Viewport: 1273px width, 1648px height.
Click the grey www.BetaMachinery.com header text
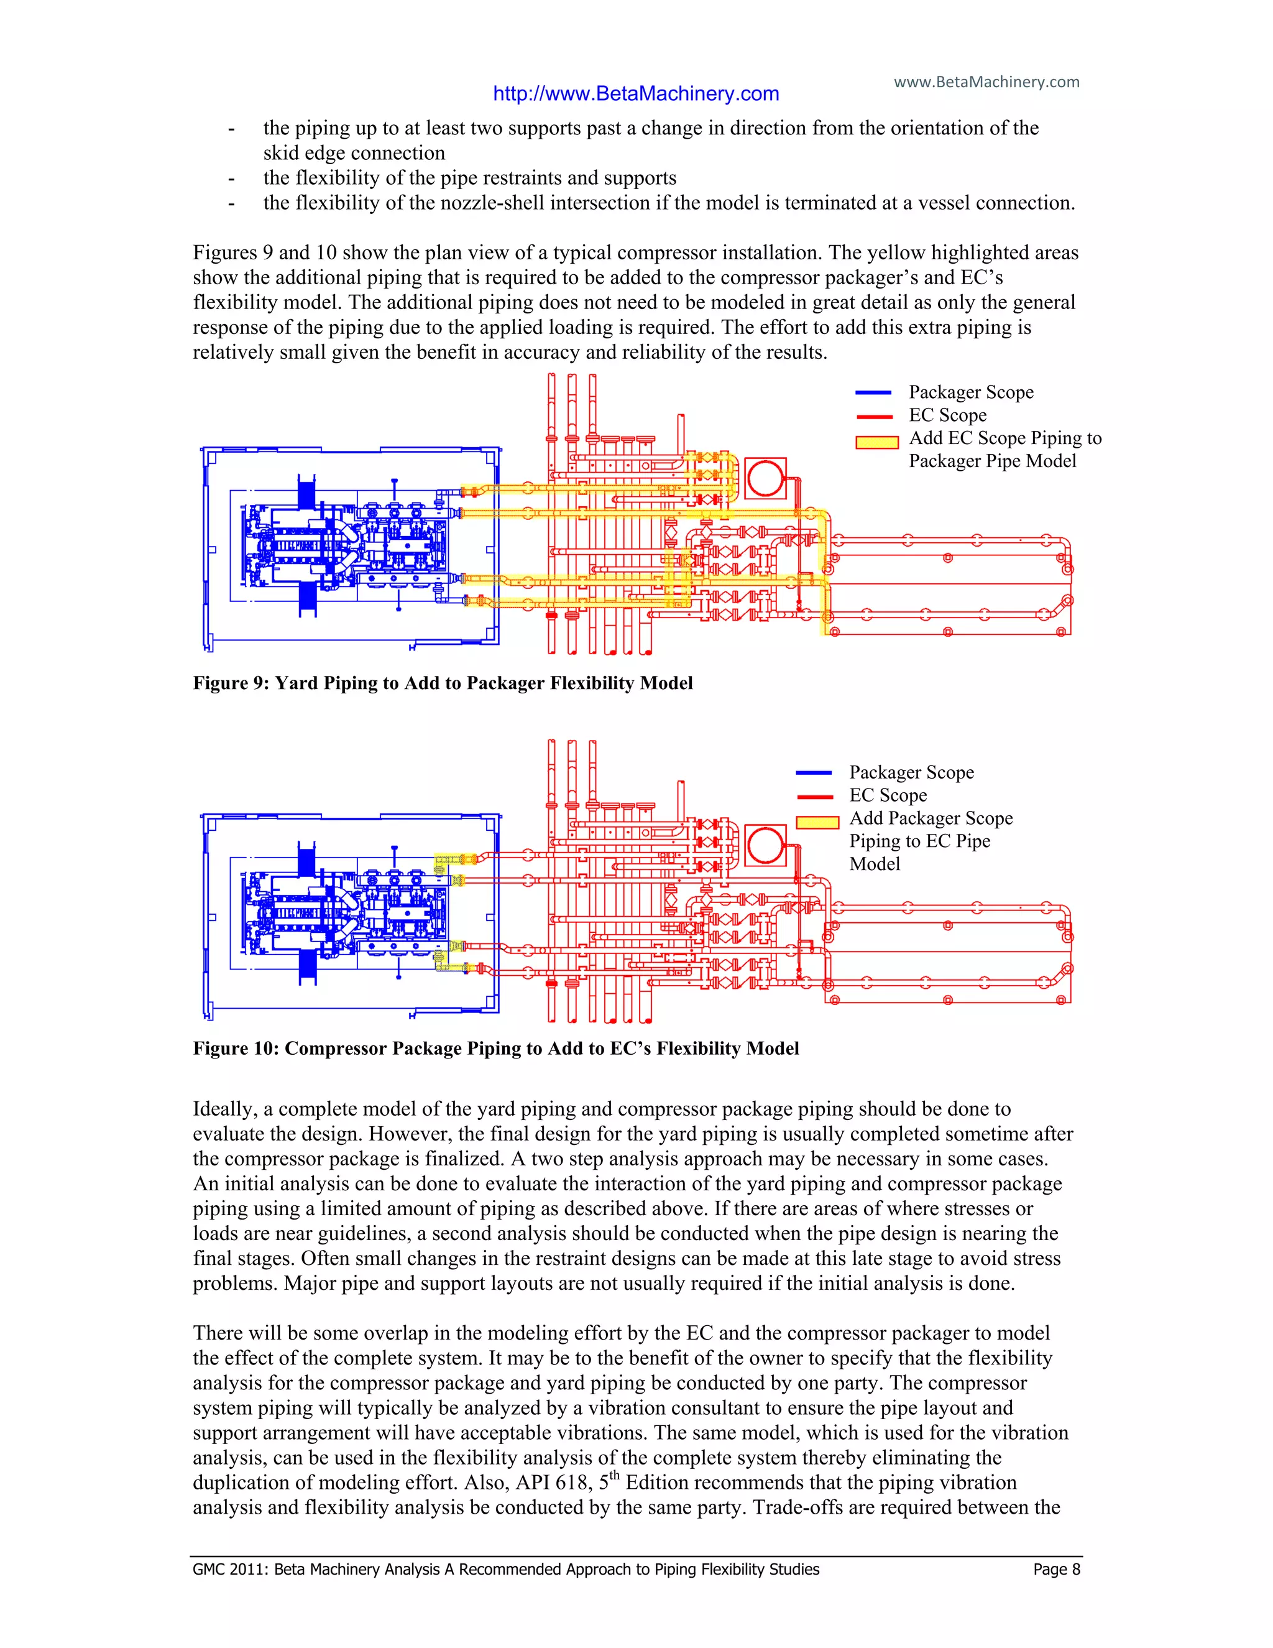[986, 81]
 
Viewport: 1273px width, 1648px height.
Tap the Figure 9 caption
[443, 683]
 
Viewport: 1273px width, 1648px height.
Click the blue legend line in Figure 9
[873, 392]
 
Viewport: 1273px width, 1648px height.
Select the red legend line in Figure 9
[873, 416]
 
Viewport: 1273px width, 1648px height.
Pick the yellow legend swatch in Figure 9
[876, 442]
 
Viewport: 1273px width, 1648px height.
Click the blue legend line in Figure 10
[814, 772]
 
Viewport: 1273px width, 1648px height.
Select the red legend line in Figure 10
[814, 796]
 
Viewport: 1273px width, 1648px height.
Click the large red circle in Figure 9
[765, 478]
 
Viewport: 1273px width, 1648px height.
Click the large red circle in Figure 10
[765, 845]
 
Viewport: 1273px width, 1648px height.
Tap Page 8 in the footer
[1057, 1570]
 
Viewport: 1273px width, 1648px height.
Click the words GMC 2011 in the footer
[229, 1570]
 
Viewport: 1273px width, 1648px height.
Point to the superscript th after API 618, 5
[614, 1475]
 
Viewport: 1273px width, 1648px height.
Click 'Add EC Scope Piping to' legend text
[1004, 438]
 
